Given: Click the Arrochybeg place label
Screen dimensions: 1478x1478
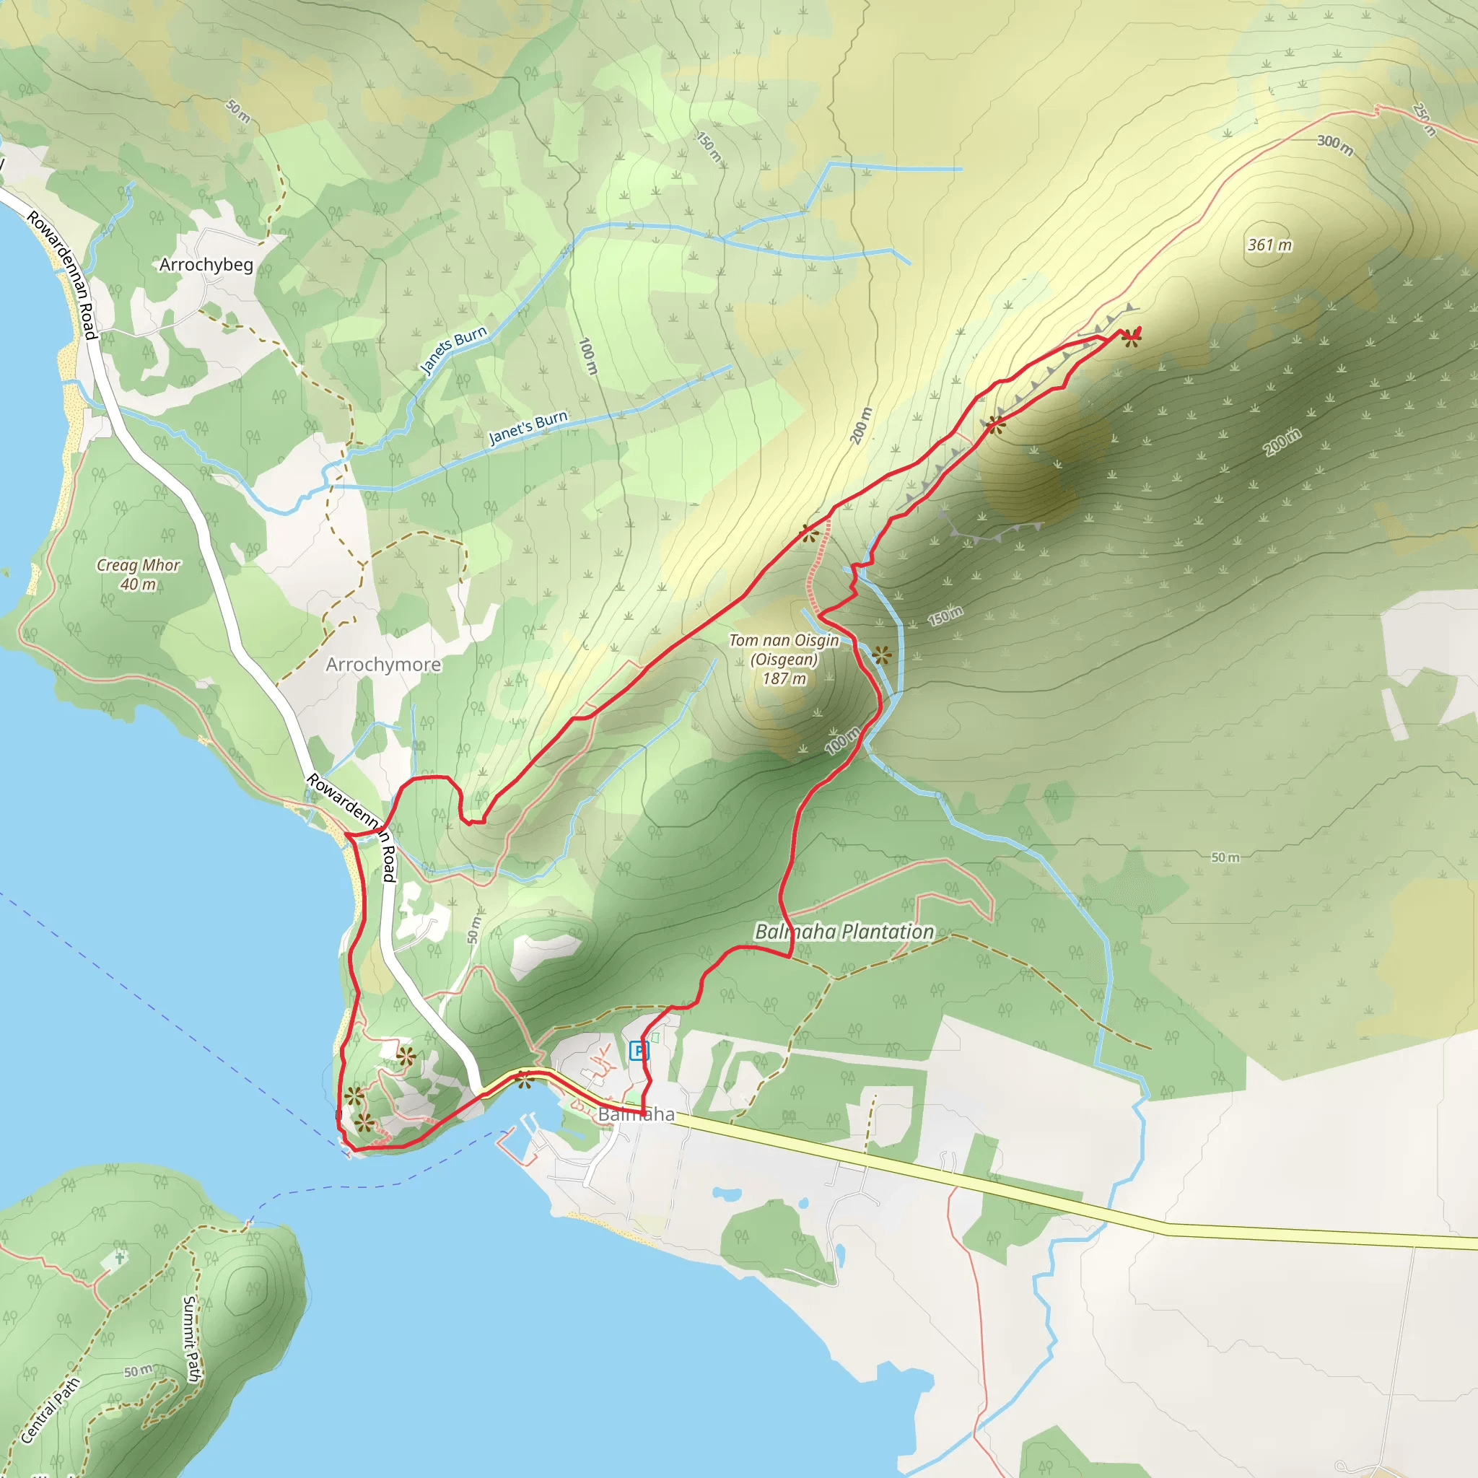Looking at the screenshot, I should [x=206, y=265].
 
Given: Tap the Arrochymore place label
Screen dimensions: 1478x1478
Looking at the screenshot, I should [x=383, y=664].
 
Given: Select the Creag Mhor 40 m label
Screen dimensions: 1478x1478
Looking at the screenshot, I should [x=139, y=574].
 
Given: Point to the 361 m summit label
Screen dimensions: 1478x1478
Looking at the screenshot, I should [x=1269, y=245].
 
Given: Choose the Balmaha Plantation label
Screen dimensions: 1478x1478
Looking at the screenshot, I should [x=844, y=932].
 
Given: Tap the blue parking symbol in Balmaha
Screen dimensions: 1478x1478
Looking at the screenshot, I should [x=638, y=1051].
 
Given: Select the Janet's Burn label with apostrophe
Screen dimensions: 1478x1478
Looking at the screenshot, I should [x=528, y=428].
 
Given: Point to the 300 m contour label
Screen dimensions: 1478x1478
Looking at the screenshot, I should [x=1335, y=144].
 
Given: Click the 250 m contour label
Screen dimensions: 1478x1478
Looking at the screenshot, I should [x=1425, y=119].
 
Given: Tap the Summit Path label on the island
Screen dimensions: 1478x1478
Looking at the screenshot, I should [x=191, y=1339].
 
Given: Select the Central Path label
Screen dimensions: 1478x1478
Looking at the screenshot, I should [x=50, y=1411].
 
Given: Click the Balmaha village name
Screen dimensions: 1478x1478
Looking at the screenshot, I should [x=637, y=1114].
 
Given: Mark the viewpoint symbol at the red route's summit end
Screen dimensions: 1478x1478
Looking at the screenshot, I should [x=1132, y=339].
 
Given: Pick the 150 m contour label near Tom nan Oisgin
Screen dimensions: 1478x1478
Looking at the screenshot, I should [x=945, y=615].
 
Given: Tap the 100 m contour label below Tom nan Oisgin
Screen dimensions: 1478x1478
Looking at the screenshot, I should [x=842, y=740].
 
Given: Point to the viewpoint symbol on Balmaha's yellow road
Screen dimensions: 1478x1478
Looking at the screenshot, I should [x=523, y=1080].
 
